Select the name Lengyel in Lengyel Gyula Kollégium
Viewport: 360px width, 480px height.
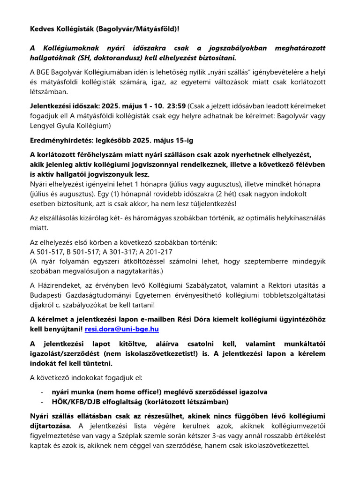(43, 126)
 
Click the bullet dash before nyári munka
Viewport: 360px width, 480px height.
(42, 392)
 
